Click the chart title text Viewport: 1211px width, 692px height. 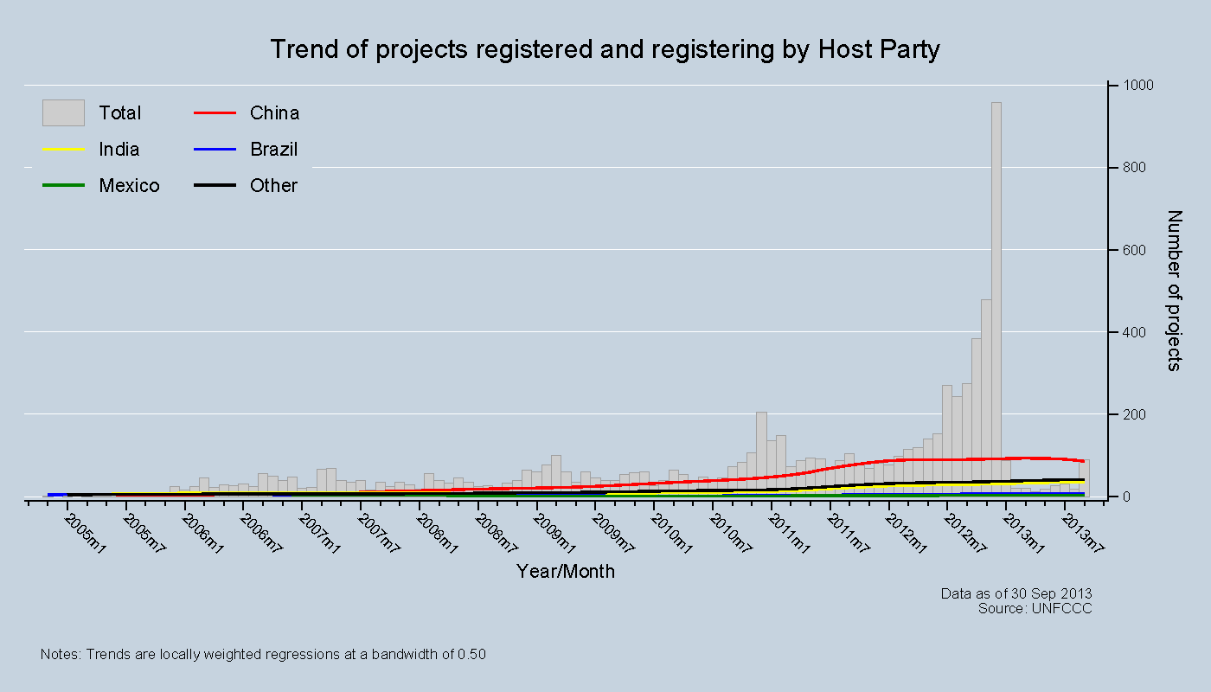tap(605, 49)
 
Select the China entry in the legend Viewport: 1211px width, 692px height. tap(274, 113)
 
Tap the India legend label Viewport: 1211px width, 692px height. tap(119, 150)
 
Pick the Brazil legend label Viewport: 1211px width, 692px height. tap(273, 150)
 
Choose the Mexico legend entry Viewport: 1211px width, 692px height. tap(129, 186)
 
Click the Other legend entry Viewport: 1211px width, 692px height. tap(273, 186)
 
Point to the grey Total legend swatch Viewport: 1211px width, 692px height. tap(63, 113)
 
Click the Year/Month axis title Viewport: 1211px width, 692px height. tap(566, 571)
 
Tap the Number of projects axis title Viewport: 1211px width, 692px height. tap(1174, 291)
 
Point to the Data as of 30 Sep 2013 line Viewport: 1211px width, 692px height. tap(1016, 593)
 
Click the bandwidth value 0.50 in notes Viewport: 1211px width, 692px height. tap(472, 655)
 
